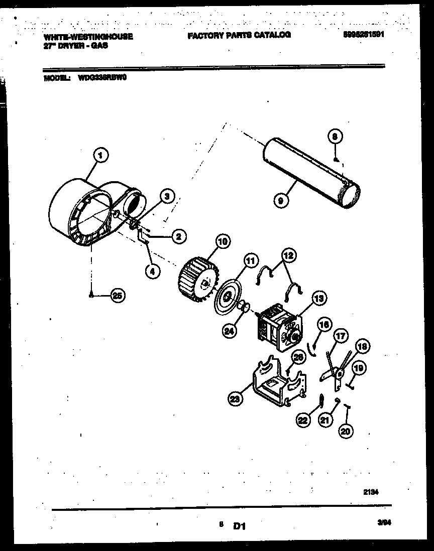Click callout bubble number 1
pyautogui.click(x=101, y=155)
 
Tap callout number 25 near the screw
pyautogui.click(x=117, y=296)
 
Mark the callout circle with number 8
pyautogui.click(x=336, y=136)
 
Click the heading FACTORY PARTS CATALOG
pyautogui.click(x=239, y=35)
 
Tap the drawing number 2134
pyautogui.click(x=371, y=493)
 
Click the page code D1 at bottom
pyautogui.click(x=239, y=526)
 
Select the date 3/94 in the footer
pyautogui.click(x=384, y=523)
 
